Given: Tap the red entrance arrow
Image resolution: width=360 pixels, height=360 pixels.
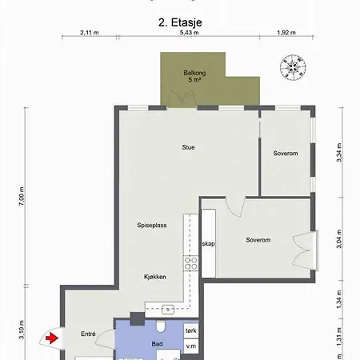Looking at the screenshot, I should click(52, 338).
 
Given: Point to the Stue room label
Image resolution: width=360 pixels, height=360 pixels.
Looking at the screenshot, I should click(189, 147).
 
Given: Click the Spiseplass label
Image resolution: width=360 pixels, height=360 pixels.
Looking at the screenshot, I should click(151, 226).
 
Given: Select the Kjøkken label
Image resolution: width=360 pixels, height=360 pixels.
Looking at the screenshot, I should click(155, 276).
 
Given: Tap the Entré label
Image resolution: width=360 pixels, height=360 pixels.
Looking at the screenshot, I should click(88, 334).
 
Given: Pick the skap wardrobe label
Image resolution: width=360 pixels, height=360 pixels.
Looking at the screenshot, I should click(208, 243).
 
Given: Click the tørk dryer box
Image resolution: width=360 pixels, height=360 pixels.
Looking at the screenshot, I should click(190, 330).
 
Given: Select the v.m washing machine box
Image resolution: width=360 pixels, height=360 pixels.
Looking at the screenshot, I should click(190, 346).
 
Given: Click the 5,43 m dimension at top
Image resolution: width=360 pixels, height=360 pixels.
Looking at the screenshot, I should click(189, 33).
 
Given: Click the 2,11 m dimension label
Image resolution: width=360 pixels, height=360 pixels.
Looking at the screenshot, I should click(90, 33).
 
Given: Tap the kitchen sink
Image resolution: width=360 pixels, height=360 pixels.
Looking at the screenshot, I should click(168, 308).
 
